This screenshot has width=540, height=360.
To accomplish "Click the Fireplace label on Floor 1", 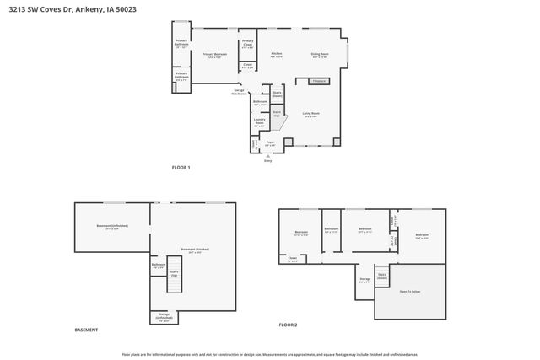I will (x=319, y=81).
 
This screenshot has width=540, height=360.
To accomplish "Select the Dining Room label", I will (x=320, y=55).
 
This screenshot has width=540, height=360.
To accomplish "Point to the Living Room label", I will (x=310, y=114).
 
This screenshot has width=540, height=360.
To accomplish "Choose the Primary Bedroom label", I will (x=215, y=55).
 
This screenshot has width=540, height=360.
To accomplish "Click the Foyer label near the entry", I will (x=271, y=143).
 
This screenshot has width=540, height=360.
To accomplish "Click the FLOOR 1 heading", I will (x=181, y=168).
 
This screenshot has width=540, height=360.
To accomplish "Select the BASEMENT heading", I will (x=86, y=330).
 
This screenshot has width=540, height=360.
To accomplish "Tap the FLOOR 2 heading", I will (x=289, y=325).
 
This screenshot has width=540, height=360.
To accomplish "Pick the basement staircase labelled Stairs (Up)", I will (x=174, y=273).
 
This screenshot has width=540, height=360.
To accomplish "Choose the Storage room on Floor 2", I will (x=364, y=280).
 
